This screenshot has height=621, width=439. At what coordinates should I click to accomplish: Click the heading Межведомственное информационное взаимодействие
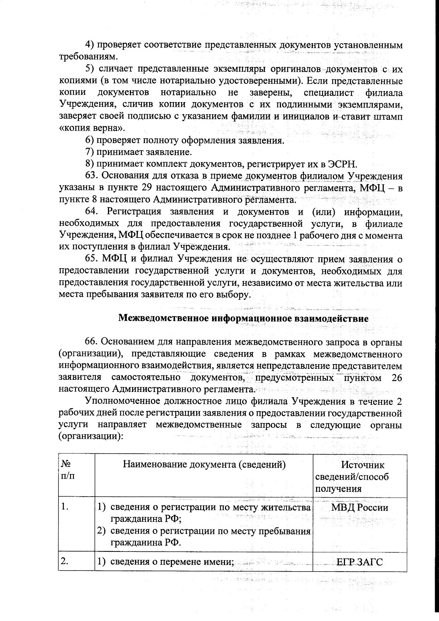243,318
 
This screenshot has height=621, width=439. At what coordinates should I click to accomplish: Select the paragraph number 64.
91,211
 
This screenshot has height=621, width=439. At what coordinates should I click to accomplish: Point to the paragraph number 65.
91,259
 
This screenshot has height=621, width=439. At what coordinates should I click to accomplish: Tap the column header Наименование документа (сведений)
204,465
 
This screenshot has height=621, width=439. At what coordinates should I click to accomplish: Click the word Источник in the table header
363,465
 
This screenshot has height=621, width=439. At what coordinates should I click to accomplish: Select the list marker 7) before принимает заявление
90,152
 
